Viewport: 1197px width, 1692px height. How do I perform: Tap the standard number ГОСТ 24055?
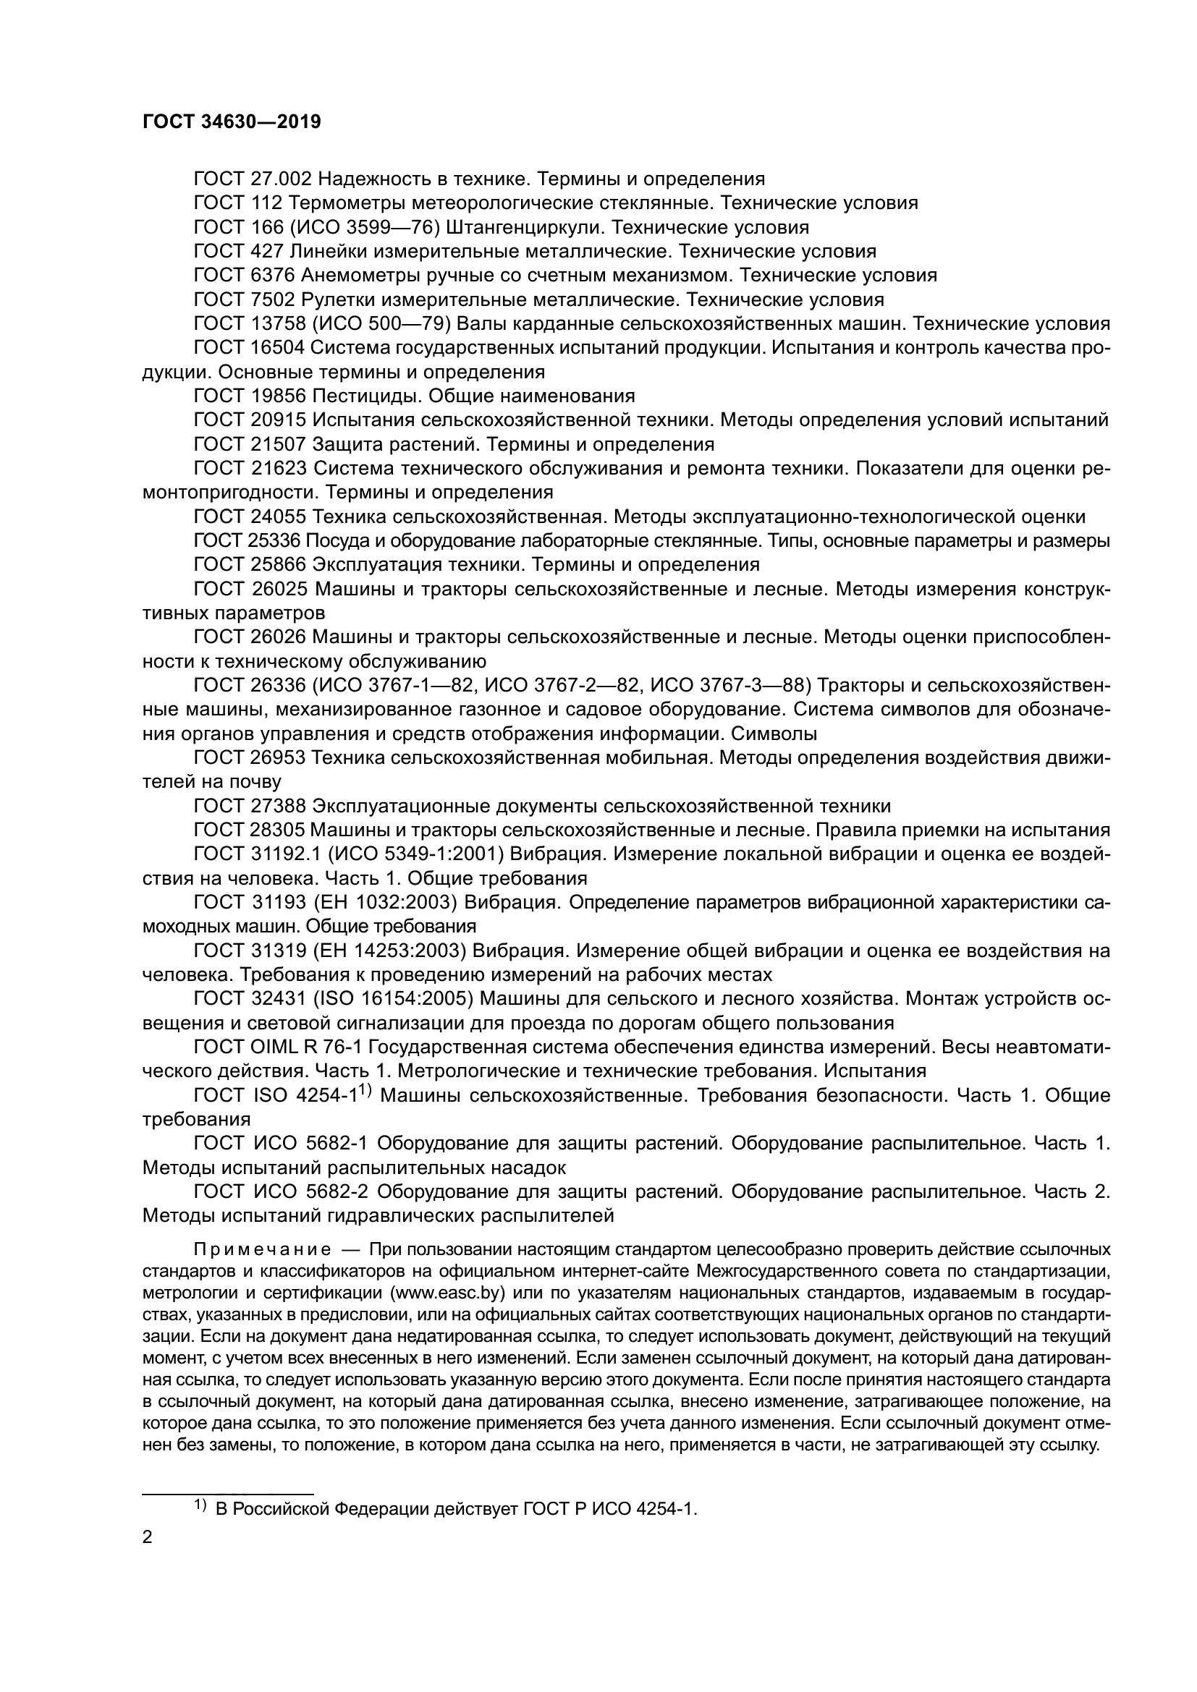(250, 516)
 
